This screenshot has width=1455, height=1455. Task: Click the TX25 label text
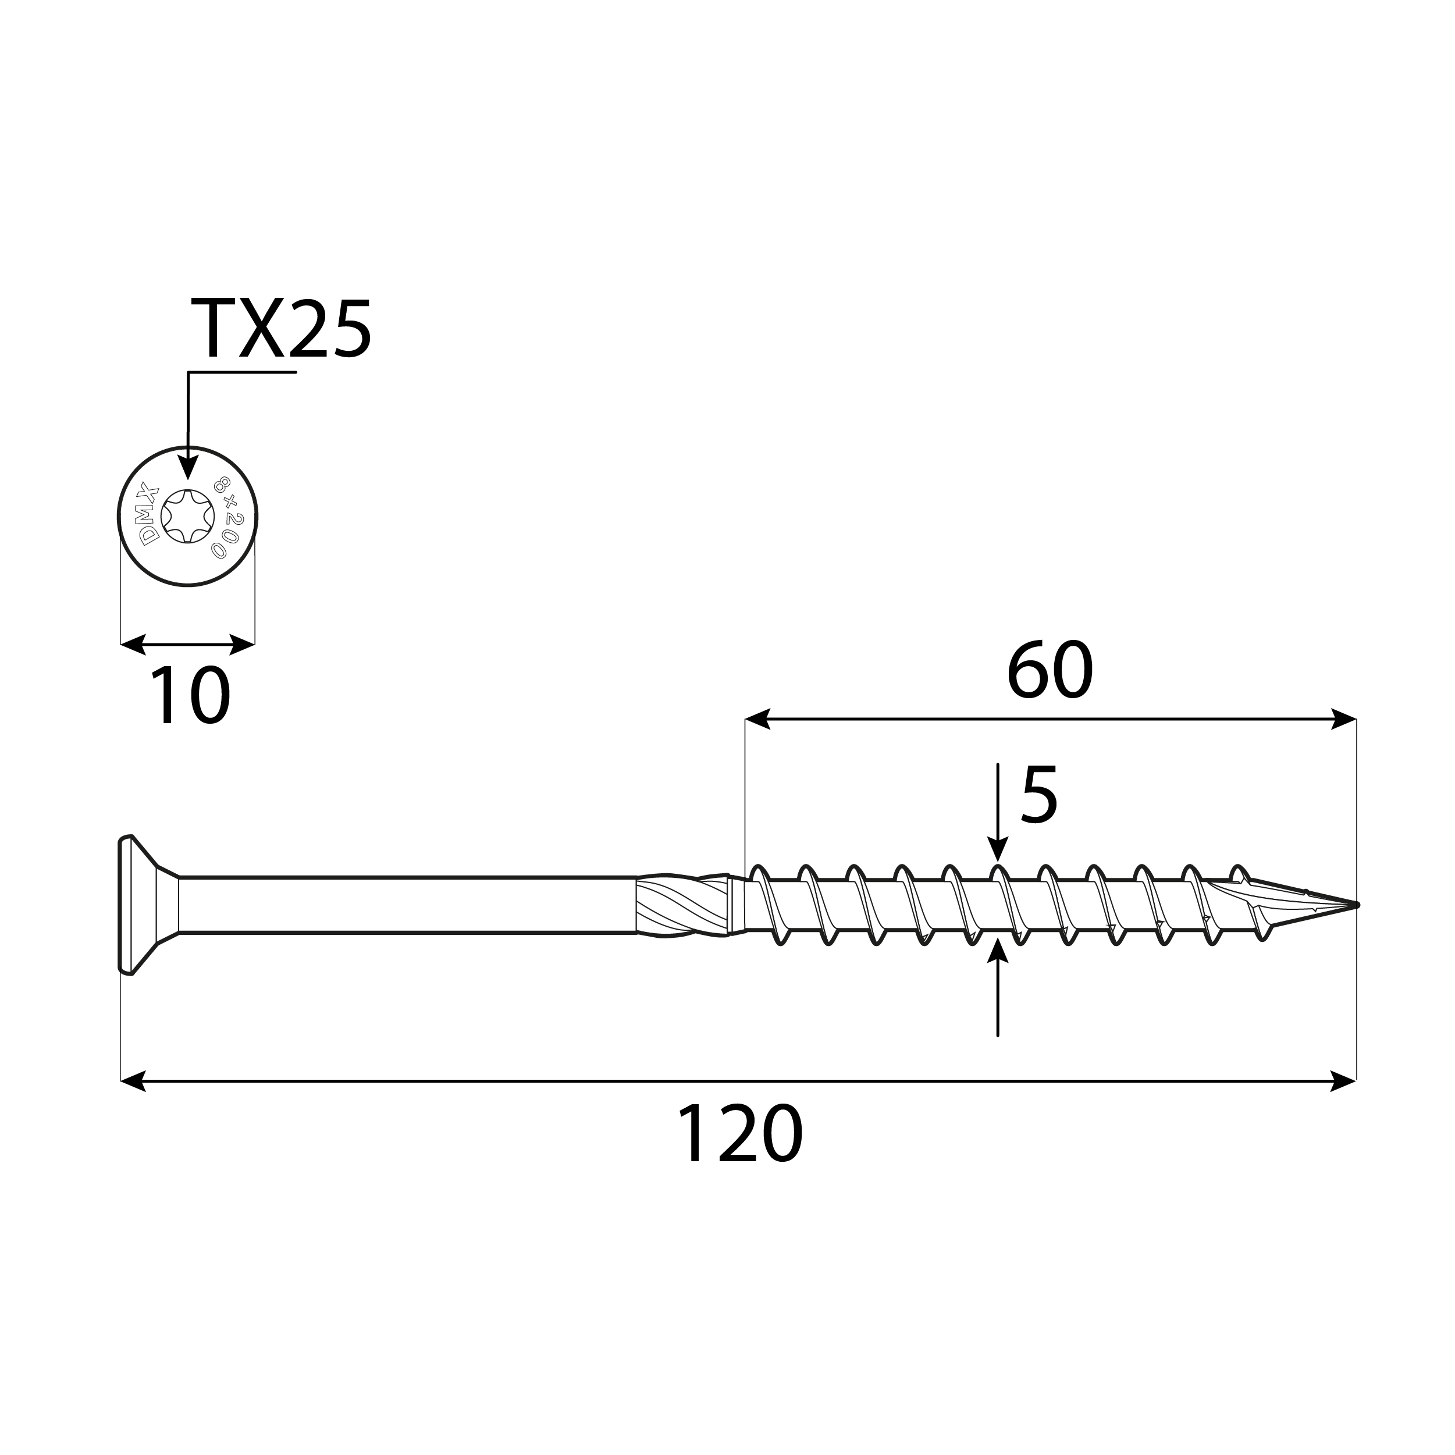coord(281,329)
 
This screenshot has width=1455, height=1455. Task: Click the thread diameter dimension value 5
coord(1039,795)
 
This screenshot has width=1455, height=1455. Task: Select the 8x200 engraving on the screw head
coord(225,517)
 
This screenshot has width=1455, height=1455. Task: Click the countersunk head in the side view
coord(143,905)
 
